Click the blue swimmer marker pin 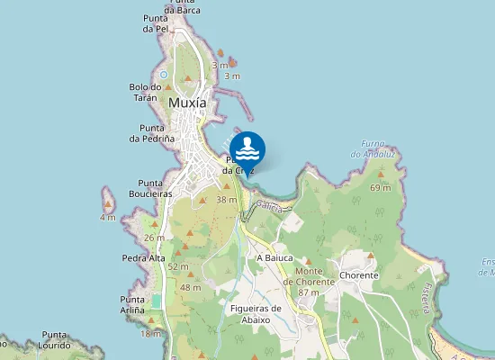[247, 148]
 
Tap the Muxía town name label [187, 103]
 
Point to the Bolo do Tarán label [144, 92]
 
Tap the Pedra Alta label [143, 258]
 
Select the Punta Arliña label [132, 304]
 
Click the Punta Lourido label [56, 338]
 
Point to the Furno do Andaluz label [373, 148]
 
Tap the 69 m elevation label [380, 188]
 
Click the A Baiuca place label [275, 257]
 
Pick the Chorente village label [359, 276]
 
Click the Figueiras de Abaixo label [256, 313]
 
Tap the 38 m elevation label [226, 200]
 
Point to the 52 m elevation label [177, 266]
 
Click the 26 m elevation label [154, 238]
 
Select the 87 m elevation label [309, 292]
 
